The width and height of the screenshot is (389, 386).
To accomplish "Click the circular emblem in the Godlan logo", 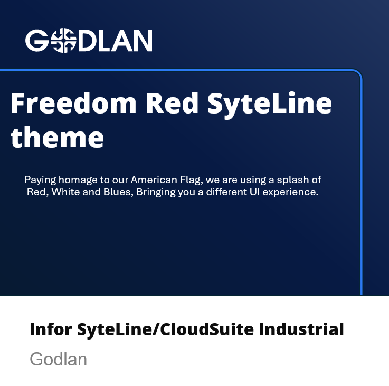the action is tap(63, 41).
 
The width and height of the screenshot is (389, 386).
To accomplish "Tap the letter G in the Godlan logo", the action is tap(37, 41).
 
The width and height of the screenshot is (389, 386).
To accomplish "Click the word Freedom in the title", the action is tap(73, 103).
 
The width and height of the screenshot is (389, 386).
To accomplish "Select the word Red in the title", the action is tap(172, 103).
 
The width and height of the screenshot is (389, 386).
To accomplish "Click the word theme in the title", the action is tap(57, 137).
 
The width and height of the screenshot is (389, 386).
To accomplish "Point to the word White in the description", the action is tap(66, 192).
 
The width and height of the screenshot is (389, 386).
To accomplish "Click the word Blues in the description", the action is tap(118, 192).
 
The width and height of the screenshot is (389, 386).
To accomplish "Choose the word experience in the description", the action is tap(290, 192).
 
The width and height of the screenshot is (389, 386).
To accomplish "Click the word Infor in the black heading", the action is tap(51, 329).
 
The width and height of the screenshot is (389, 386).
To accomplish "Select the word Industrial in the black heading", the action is tap(301, 329).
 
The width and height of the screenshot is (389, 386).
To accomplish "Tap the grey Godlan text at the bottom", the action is tap(58, 359).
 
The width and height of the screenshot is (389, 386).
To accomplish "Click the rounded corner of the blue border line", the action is tap(358, 74).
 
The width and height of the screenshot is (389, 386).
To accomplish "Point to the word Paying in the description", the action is tap(40, 180).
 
